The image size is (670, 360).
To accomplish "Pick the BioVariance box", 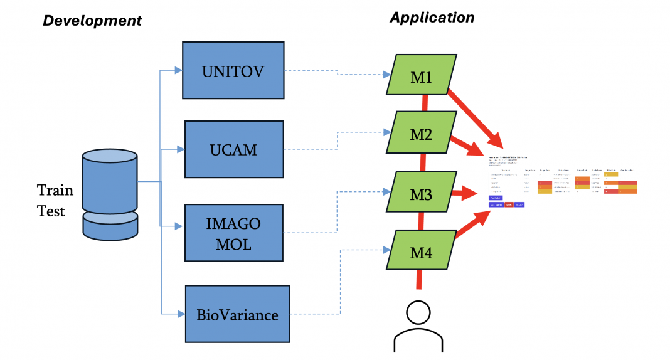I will [x=237, y=314].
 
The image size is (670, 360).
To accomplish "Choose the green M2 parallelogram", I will [x=420, y=133].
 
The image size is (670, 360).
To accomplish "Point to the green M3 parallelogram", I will [x=420, y=194].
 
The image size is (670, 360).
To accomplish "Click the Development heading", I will [x=92, y=21].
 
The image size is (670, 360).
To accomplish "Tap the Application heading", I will [x=432, y=18].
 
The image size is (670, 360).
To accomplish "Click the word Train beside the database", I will [x=55, y=190].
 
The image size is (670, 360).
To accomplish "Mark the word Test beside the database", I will [x=51, y=211].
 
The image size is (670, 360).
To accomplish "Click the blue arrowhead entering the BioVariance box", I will [x=181, y=314].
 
